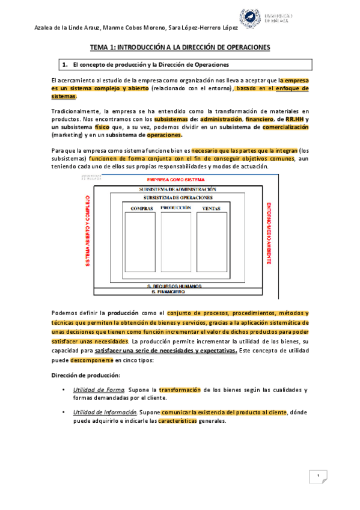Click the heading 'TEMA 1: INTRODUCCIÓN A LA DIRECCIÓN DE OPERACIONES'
click(x=180, y=46)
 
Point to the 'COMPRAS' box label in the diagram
click(x=142, y=208)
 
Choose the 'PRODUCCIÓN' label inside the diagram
click(x=176, y=207)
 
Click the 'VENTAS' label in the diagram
click(x=211, y=208)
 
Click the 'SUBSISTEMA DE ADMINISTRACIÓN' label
click(x=177, y=189)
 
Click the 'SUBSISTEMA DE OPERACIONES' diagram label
click(x=177, y=197)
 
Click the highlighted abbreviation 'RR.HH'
click(x=294, y=119)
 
